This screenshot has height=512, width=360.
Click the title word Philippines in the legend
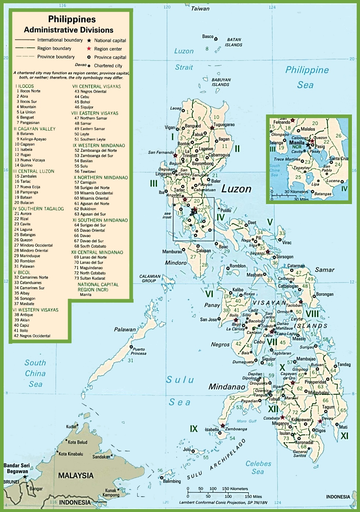[72, 19]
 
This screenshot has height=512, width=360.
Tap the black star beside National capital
[89, 41]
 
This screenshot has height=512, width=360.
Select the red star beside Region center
[89, 49]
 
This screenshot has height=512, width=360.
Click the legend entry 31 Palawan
[24, 266]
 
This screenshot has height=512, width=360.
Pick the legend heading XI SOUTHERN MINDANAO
[100, 220]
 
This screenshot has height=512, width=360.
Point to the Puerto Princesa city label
[139, 351]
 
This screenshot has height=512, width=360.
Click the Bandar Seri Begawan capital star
[25, 477]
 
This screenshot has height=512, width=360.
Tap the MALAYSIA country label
[76, 475]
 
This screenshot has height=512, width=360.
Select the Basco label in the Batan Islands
[208, 37]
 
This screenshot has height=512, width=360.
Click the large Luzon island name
[236, 189]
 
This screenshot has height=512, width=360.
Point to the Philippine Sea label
[307, 77]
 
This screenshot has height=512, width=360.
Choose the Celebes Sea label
[258, 467]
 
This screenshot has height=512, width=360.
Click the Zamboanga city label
[236, 429]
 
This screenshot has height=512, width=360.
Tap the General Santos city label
[300, 453]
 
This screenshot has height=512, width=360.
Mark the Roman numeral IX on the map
[194, 429]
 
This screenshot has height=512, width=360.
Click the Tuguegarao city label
[224, 125]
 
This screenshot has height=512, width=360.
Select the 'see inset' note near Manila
[167, 215]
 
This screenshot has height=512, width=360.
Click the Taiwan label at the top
[200, 8]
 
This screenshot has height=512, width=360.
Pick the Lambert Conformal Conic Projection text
[223, 502]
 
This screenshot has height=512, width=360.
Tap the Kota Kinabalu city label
[71, 454]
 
